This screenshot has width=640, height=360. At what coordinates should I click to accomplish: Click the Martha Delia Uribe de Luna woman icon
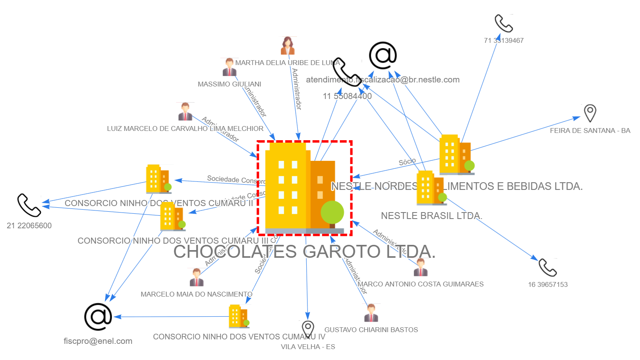(288, 46)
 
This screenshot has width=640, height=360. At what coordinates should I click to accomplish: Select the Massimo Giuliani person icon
(229, 67)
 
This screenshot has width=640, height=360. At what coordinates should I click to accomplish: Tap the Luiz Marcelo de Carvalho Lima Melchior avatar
(185, 112)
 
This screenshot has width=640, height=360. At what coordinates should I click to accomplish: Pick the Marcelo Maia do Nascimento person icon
(196, 277)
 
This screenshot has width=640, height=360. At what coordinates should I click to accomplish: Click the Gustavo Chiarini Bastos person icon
(371, 313)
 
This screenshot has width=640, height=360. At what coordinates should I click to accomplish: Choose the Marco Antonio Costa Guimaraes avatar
(420, 267)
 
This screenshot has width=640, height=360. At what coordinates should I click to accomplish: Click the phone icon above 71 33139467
(503, 23)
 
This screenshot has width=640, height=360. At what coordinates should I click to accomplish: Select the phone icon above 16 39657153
(547, 267)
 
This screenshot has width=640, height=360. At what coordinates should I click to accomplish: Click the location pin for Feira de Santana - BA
(590, 113)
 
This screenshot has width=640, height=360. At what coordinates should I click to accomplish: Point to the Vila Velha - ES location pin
(308, 329)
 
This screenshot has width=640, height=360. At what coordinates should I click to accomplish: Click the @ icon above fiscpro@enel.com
(98, 317)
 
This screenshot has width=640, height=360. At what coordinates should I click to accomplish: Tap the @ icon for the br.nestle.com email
(383, 55)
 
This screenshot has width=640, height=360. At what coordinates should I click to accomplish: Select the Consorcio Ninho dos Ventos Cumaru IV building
(239, 316)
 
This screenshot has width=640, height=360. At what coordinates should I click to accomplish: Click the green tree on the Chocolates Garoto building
(332, 213)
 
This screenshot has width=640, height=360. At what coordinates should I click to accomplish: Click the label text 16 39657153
(547, 284)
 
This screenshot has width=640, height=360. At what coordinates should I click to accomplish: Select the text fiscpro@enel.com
(98, 341)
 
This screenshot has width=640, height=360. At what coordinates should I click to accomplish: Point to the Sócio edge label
(407, 162)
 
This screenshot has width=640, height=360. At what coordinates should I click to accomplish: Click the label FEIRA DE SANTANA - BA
(590, 131)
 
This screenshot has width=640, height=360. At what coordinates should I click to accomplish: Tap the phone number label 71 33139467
(503, 40)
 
